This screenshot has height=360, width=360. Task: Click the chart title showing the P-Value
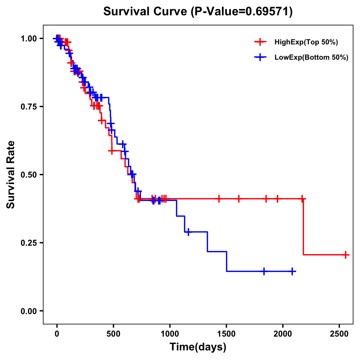coord(198,11)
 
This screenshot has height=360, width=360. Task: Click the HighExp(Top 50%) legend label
coord(306,42)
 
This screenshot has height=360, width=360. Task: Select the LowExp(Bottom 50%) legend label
coord(311,58)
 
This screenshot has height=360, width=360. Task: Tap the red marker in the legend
coord(260,42)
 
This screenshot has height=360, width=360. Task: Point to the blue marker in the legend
coord(260,57)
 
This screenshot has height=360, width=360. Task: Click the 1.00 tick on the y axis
coord(28,39)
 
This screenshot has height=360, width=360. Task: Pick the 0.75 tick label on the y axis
coord(28,107)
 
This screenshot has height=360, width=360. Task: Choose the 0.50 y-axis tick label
coord(28,175)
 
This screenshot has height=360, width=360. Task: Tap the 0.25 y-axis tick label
coord(28,243)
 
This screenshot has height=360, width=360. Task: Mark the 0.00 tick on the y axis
coord(28,311)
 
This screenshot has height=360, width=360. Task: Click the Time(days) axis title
coord(198,347)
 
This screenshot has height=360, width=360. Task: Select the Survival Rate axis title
coord(11,174)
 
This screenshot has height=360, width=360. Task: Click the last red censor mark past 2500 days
coord(346,255)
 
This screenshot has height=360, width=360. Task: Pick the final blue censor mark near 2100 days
coord(292,271)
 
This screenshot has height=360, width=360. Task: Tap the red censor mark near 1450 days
coord(219,199)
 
